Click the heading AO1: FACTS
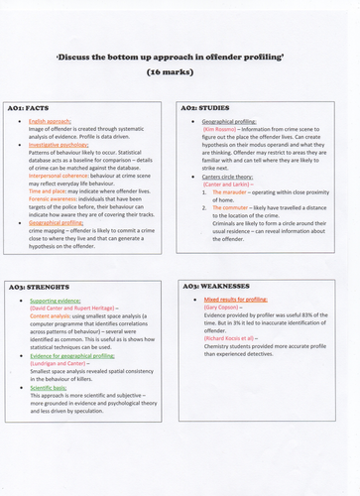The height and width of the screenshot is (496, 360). point(33,105)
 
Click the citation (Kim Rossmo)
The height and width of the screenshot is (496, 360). point(222,129)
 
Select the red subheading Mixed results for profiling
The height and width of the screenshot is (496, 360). point(242,297)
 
